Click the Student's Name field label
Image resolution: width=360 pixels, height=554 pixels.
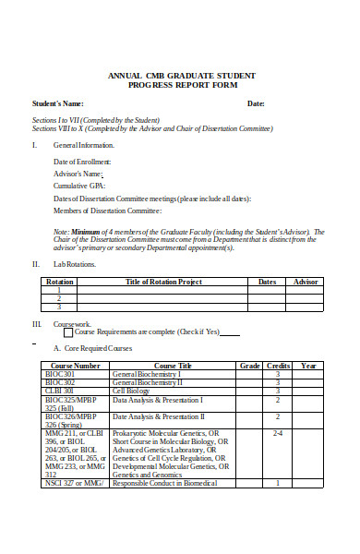pyautogui.click(x=57, y=102)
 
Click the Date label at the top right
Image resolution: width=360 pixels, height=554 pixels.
pyautogui.click(x=256, y=102)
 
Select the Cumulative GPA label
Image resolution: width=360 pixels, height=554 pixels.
pyautogui.click(x=78, y=185)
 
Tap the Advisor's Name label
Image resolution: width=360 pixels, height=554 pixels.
pyautogui.click(x=78, y=173)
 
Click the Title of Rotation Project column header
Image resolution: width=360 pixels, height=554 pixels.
pyautogui.click(x=163, y=281)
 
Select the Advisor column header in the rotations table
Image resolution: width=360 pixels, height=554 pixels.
pyautogui.click(x=306, y=281)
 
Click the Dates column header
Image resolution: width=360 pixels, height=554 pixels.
pyautogui.click(x=267, y=281)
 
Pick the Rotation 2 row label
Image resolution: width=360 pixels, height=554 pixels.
pyautogui.click(x=60, y=298)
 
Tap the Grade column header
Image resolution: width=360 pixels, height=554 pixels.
pyautogui.click(x=249, y=366)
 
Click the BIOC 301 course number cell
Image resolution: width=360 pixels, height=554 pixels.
pyautogui.click(x=59, y=374)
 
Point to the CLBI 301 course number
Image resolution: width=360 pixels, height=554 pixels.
pyautogui.click(x=59, y=391)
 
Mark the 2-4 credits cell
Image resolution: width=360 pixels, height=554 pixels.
pyautogui.click(x=278, y=432)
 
